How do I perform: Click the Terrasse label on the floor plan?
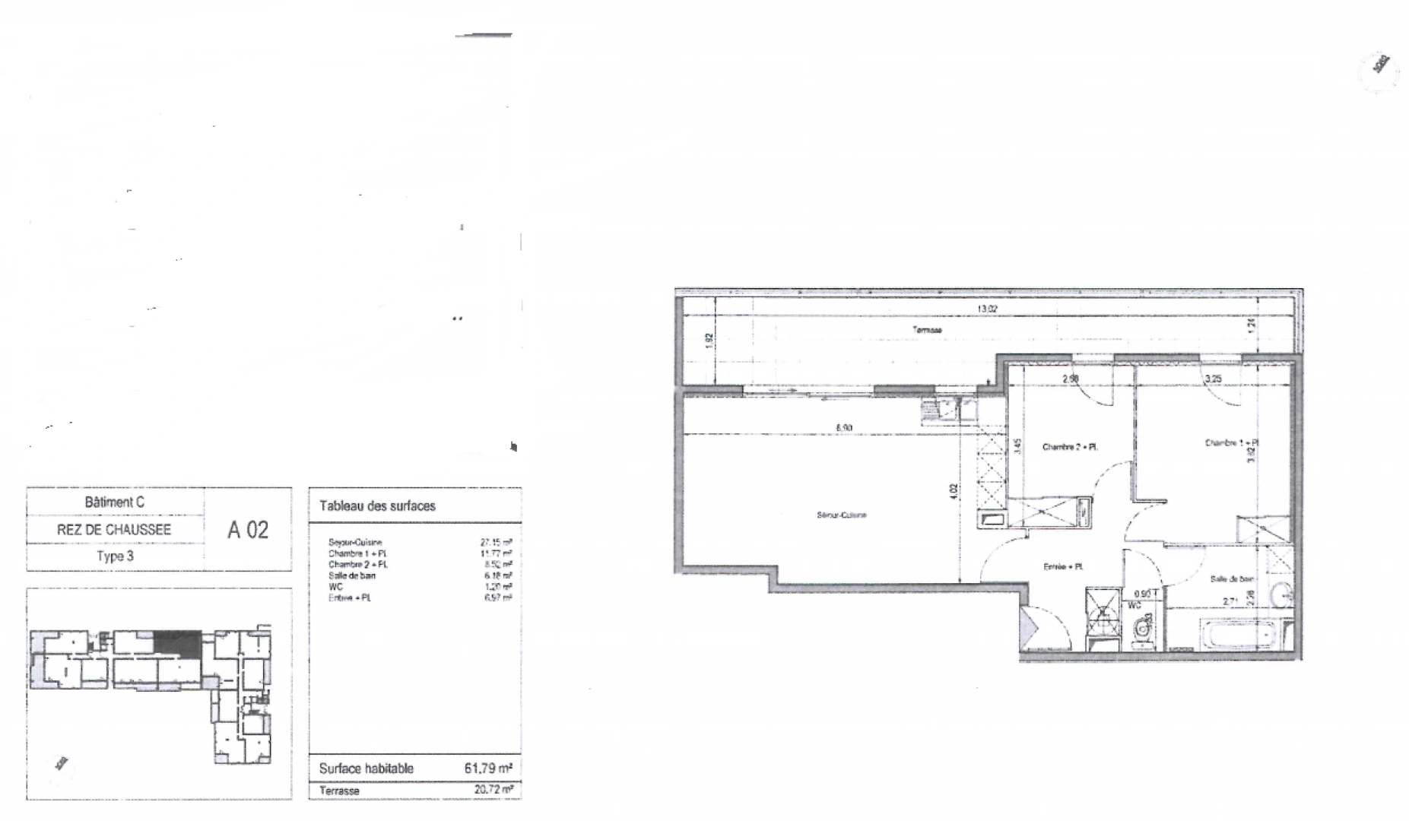(927, 330)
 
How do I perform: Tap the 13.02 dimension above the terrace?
(987, 309)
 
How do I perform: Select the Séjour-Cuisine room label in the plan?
(842, 515)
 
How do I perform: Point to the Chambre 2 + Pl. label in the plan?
(1070, 447)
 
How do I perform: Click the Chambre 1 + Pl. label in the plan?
(1231, 442)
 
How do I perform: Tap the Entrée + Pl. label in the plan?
(1063, 566)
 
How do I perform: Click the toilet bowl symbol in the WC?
(1141, 629)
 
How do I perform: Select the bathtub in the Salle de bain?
(1236, 633)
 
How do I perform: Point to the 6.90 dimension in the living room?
(844, 428)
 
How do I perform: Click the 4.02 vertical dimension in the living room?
(954, 492)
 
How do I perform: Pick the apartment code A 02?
(248, 530)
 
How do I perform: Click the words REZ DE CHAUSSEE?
(114, 530)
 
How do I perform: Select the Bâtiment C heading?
(115, 502)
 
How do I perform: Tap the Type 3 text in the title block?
(115, 556)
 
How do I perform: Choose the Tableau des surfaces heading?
(377, 506)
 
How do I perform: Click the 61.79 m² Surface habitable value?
(487, 768)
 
